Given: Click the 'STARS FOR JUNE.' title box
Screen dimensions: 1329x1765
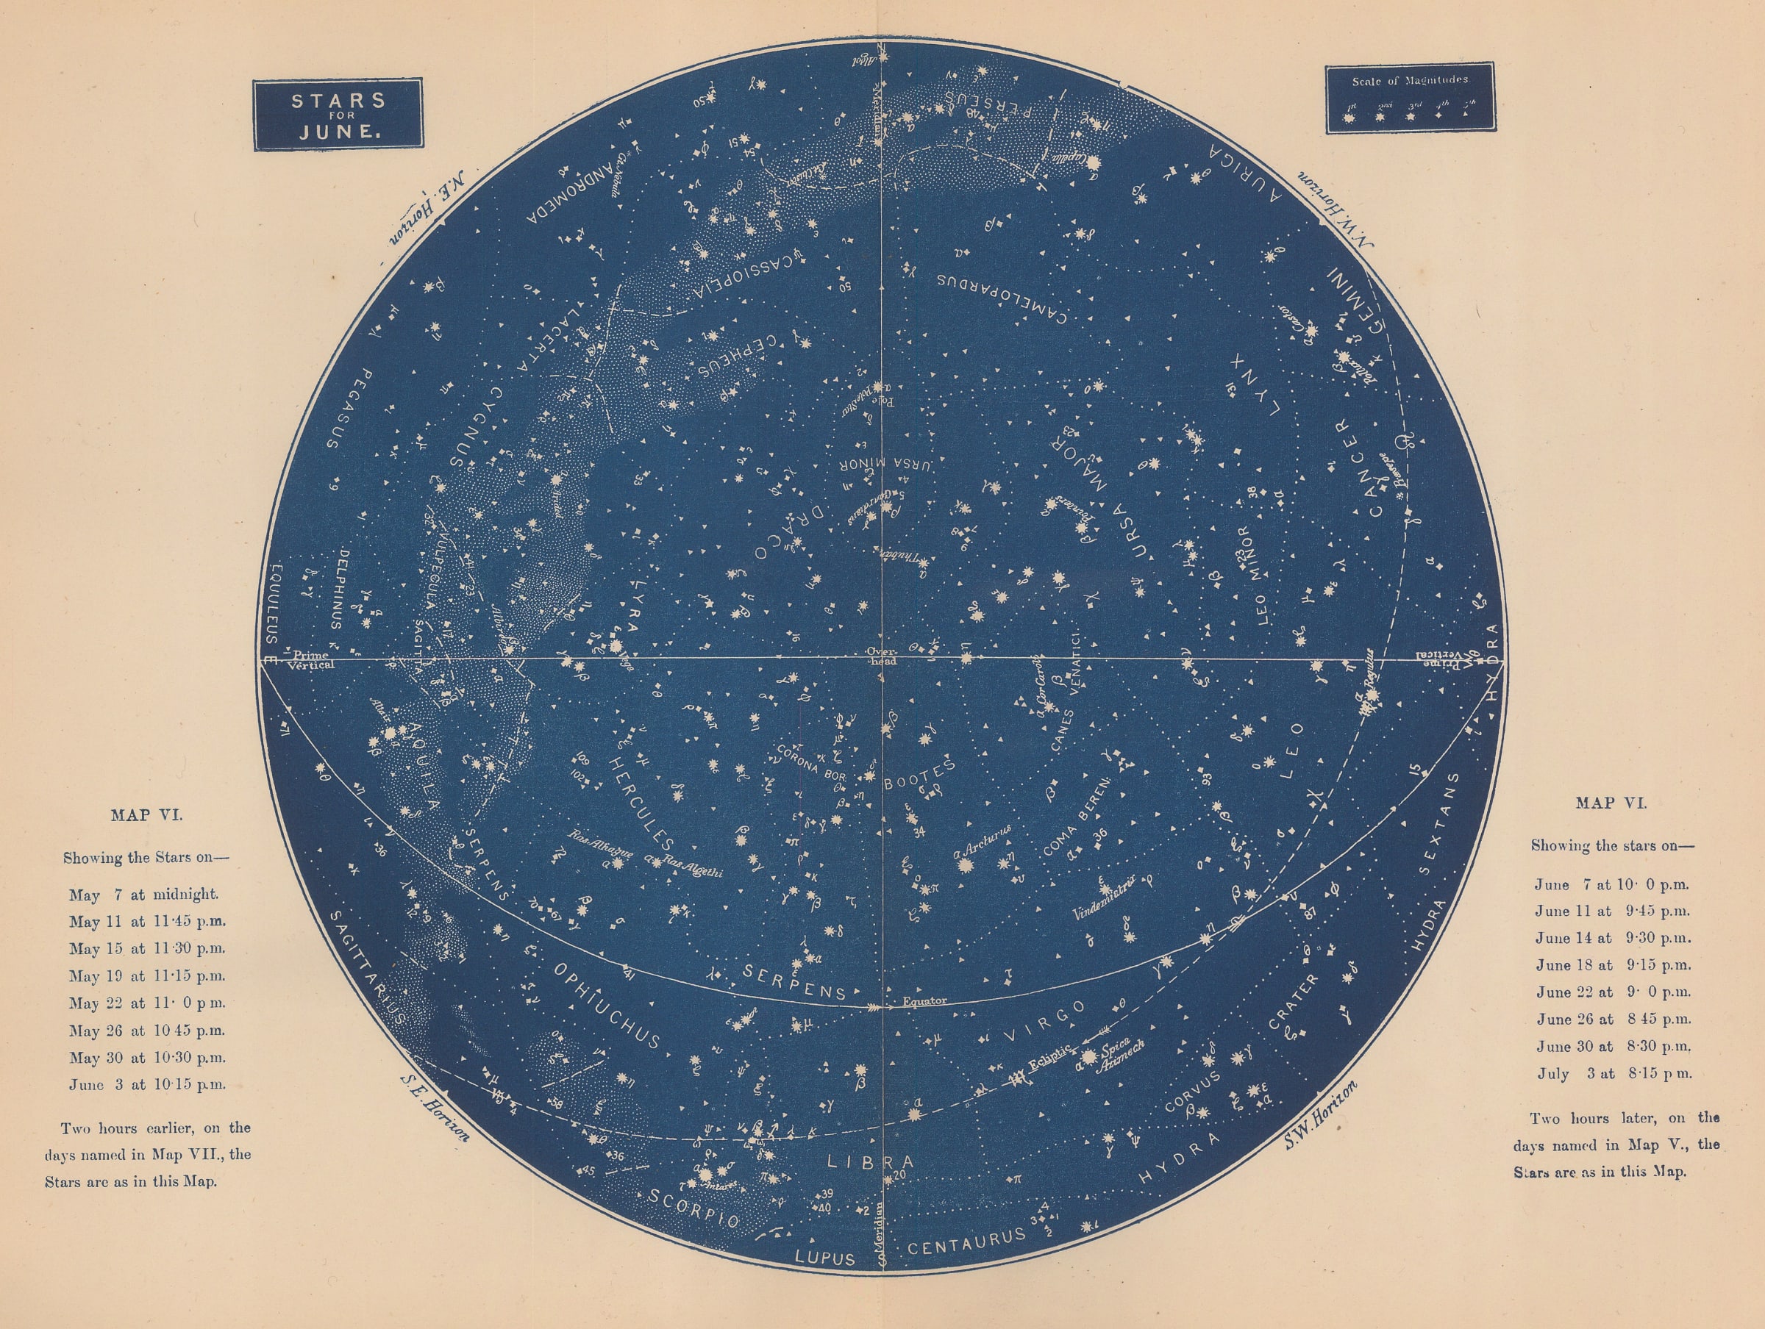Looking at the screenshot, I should click(x=338, y=115).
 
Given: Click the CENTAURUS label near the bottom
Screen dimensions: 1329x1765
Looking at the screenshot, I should click(x=967, y=1242).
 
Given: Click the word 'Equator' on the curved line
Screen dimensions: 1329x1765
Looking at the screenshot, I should click(x=925, y=1000).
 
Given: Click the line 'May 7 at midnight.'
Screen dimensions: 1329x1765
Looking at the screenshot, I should click(x=143, y=895).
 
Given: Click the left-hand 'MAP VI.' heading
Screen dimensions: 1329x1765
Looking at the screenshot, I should click(x=146, y=815).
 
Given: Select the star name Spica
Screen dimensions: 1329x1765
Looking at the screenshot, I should click(x=1114, y=1051).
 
